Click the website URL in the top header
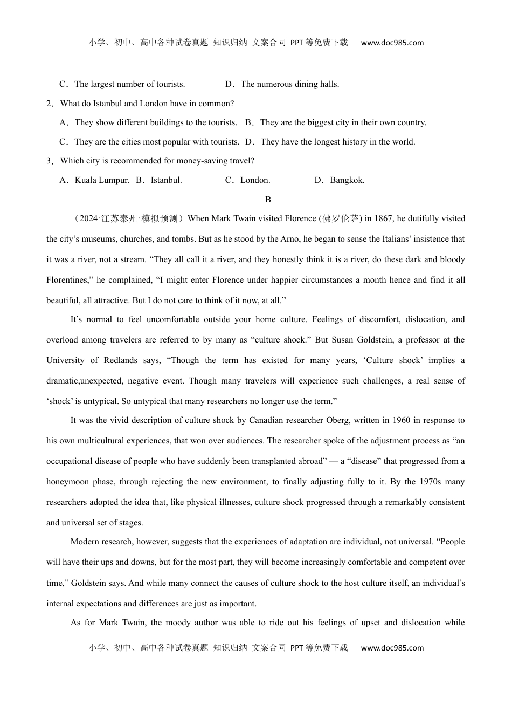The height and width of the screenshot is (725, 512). click(392, 43)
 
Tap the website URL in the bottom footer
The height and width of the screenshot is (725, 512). click(392, 648)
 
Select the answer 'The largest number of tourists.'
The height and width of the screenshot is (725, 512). click(129, 84)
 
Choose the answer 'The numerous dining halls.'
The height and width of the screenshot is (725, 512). click(289, 84)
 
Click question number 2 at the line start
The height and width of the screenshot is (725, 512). click(49, 104)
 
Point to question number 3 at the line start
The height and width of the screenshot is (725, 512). click(49, 161)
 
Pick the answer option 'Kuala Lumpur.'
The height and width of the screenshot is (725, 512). click(102, 180)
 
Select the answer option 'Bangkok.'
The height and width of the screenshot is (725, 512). click(347, 180)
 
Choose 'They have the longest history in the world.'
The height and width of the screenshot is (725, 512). click(337, 142)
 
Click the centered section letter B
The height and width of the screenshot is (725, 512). click(268, 200)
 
